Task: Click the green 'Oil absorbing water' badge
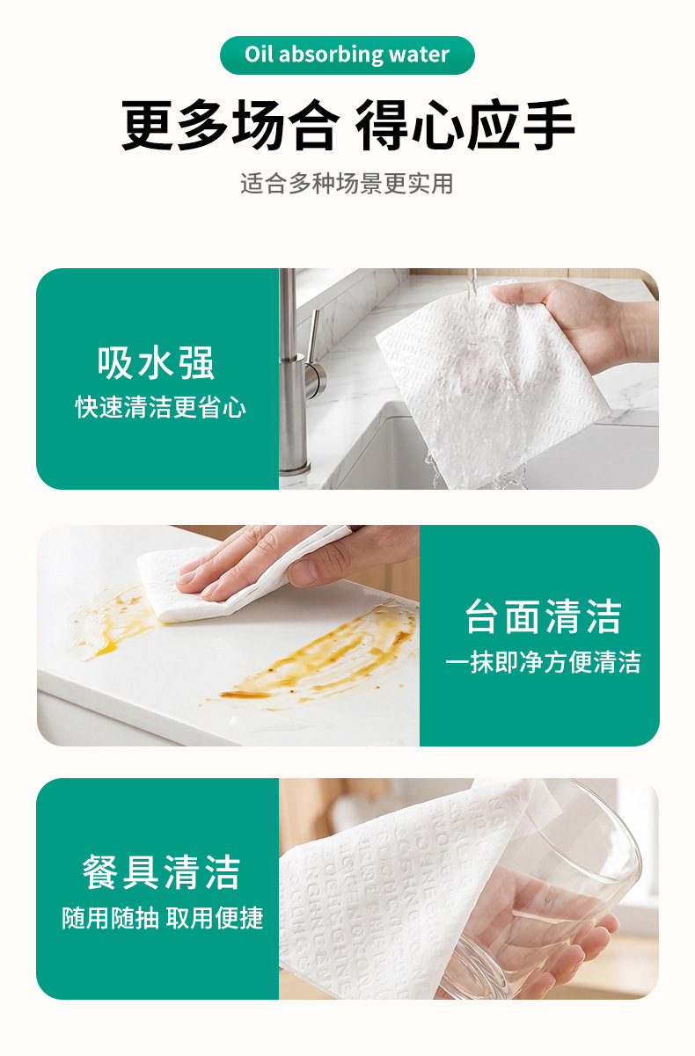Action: coord(347,55)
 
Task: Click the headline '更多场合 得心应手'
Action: coord(347,125)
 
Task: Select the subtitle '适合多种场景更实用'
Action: coord(347,184)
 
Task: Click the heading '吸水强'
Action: coord(157,362)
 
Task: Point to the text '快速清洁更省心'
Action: coord(160,407)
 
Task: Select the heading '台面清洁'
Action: coord(543,616)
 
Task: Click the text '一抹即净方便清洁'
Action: coord(543,662)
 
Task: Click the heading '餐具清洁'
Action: coord(161,873)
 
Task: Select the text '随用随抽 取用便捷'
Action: coord(163,918)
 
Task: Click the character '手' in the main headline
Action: coord(548,125)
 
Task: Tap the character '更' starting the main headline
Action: coord(147,125)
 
